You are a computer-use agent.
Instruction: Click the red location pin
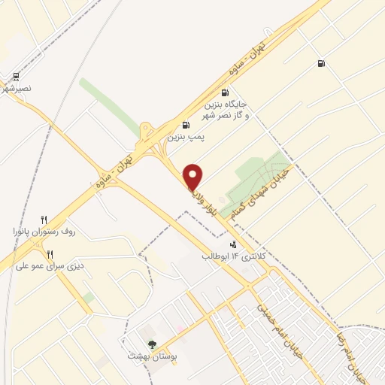[194, 177]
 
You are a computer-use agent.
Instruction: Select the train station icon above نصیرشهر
[16, 76]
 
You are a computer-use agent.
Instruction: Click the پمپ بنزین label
[185, 138]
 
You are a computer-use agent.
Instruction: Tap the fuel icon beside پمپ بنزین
[186, 125]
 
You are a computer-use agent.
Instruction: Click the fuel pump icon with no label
[322, 64]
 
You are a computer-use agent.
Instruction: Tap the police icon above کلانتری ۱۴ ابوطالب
[233, 244]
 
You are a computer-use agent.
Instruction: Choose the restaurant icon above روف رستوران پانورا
[44, 219]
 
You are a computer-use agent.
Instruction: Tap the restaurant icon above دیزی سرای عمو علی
[50, 253]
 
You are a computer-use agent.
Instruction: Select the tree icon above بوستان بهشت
[152, 344]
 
